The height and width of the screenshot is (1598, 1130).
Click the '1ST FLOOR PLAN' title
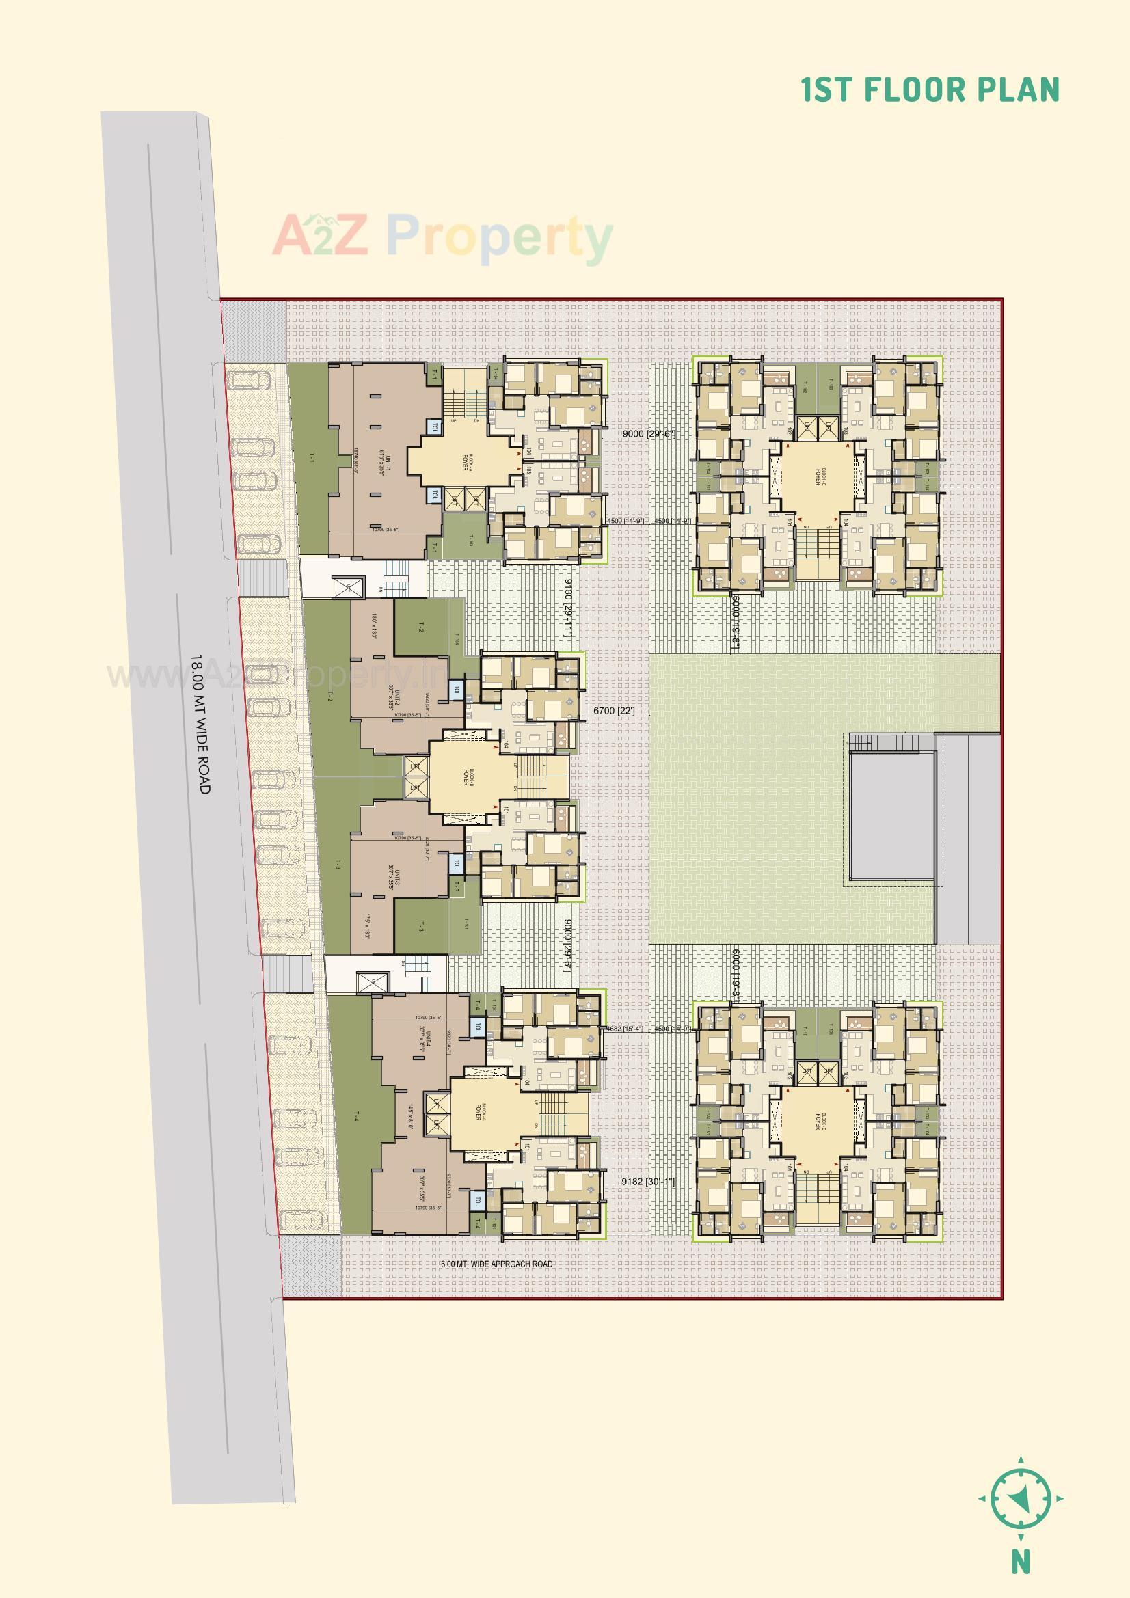point(930,90)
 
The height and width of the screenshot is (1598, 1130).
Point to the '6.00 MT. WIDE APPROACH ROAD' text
point(496,1264)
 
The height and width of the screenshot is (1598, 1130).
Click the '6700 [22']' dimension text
point(613,712)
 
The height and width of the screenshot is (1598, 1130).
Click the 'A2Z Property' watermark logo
point(442,236)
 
